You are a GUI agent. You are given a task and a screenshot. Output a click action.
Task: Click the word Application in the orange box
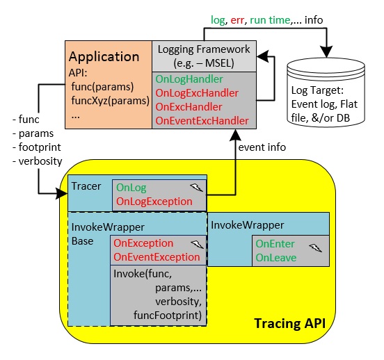pos(104,57)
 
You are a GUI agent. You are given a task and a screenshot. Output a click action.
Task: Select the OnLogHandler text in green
pos(189,79)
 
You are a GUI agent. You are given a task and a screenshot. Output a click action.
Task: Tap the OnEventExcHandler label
pos(202,121)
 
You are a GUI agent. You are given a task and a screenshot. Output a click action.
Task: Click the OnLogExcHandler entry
pos(197,93)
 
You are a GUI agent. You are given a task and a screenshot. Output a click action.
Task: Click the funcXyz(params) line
pos(110,101)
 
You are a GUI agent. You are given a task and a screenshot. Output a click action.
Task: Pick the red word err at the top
pos(237,20)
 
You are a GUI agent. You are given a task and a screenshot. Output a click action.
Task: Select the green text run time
pos(270,20)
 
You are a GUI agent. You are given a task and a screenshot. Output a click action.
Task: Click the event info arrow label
pos(262,147)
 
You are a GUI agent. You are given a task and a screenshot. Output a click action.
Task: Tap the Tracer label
pos(86,186)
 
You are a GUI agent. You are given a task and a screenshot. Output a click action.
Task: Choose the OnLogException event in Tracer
pos(154,202)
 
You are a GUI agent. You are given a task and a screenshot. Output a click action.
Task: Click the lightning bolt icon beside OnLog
pos(197,188)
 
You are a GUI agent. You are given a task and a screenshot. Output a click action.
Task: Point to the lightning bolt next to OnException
pos(197,244)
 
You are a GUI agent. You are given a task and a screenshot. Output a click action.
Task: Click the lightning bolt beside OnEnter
pos(315,248)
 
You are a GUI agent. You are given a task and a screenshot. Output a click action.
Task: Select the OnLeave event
pos(276,258)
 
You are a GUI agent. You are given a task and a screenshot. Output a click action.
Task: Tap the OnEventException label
pos(157,257)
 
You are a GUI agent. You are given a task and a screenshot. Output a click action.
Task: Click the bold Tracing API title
pos(290,324)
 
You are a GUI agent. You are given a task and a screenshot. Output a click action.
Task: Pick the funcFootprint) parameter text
pos(168,316)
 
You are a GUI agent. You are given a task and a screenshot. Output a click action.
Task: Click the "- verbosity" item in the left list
pos(38,161)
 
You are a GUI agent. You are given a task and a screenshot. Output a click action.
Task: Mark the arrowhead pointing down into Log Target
pos(327,51)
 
